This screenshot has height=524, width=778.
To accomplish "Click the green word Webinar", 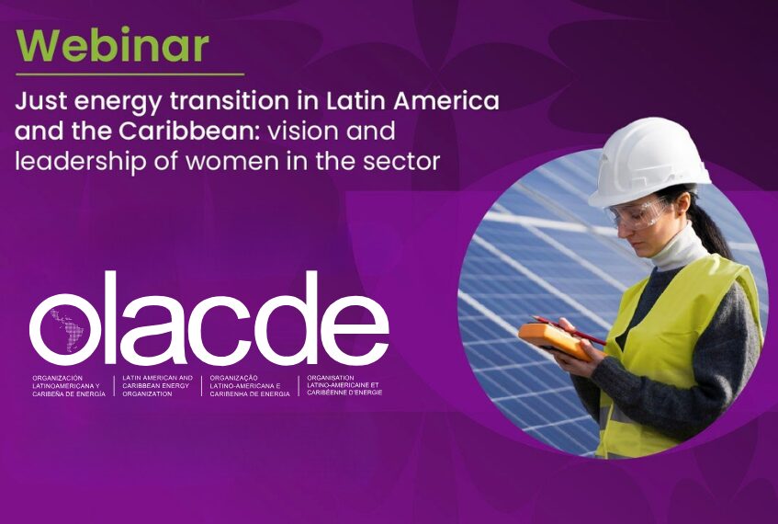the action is pos(113,45).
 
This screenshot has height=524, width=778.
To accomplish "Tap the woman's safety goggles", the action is pos(637,214).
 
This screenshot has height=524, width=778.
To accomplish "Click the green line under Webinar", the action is pos(130,74).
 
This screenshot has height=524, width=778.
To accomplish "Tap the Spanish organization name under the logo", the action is pos(69,386).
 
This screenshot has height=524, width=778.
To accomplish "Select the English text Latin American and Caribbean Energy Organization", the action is pos(157,386).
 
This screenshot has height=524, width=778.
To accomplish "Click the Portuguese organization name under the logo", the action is pos(250,386).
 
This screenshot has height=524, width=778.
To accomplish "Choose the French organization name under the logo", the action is pos(344,385).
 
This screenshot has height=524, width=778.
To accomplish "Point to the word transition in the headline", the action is pos(230,101).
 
